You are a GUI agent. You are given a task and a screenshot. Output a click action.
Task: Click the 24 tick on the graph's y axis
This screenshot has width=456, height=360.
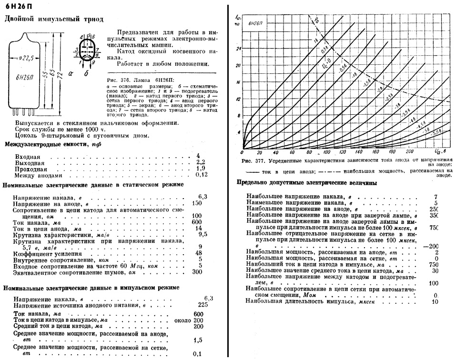point(239,49)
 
